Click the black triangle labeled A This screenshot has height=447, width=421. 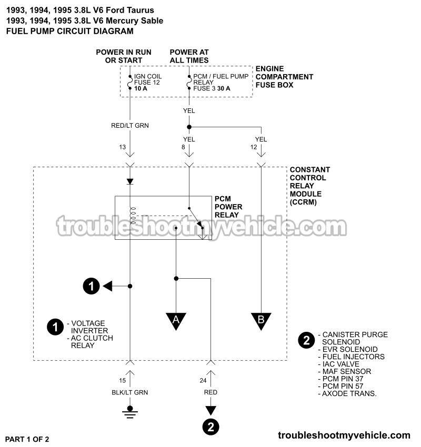pos(176,321)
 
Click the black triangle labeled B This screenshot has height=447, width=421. pos(261,321)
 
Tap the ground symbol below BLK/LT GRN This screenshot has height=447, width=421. pos(130,411)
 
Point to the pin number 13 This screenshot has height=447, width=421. pos(123,148)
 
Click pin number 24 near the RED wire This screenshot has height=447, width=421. pos(204,380)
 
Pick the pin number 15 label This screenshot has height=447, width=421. pos(123,380)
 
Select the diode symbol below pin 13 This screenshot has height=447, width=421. pos(130,181)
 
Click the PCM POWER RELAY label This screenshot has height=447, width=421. pos(226,207)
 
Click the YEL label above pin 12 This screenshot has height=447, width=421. pos(261,139)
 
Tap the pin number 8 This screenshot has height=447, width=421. pos(183,148)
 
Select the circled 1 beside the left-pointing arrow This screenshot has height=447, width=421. pos(91,286)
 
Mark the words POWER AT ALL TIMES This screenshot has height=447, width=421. pos(189,56)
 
